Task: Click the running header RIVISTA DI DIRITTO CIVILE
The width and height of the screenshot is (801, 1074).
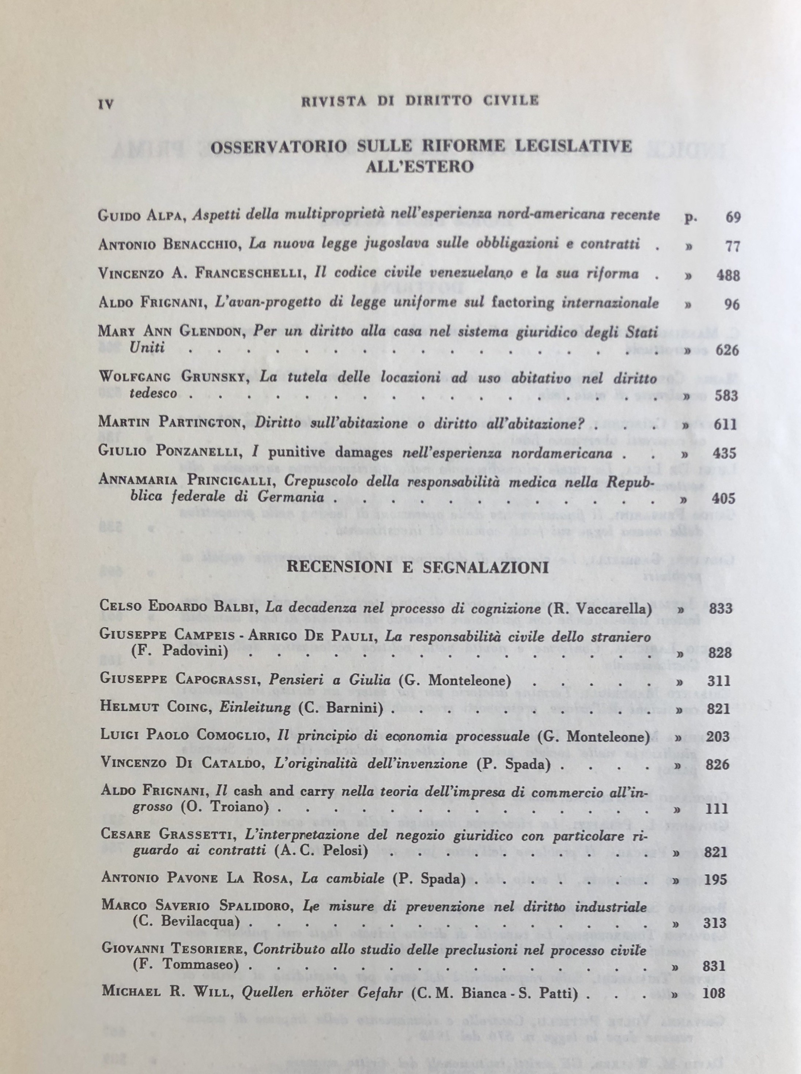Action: [420, 101]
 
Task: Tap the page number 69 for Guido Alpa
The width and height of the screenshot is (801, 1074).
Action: [733, 217]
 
